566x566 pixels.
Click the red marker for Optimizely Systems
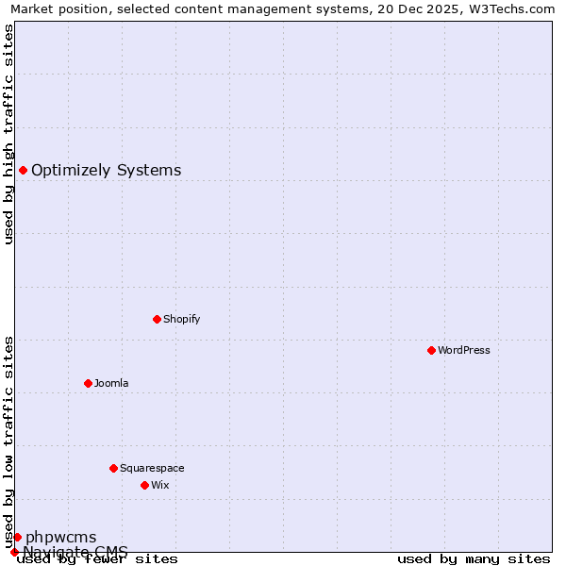pos(23,170)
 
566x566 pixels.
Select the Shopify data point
pos(157,319)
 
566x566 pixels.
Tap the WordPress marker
pos(431,350)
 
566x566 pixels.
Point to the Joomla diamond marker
pos(88,383)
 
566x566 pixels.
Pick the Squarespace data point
pos(113,468)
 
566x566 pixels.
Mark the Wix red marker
pos(144,485)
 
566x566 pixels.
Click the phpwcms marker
pos(17,537)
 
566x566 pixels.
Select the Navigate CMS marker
pos(14,552)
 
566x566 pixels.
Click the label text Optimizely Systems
pos(106,171)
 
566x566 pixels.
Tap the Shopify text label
pos(181,319)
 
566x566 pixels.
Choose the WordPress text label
pos(463,350)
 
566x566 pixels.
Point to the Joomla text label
pos(111,383)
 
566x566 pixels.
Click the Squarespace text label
pos(152,468)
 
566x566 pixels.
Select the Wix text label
pos(159,485)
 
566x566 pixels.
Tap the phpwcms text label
pos(60,538)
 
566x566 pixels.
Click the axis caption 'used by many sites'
pos(474,559)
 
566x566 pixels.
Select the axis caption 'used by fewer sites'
pos(97,559)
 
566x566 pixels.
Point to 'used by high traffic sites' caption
pos(9,134)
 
